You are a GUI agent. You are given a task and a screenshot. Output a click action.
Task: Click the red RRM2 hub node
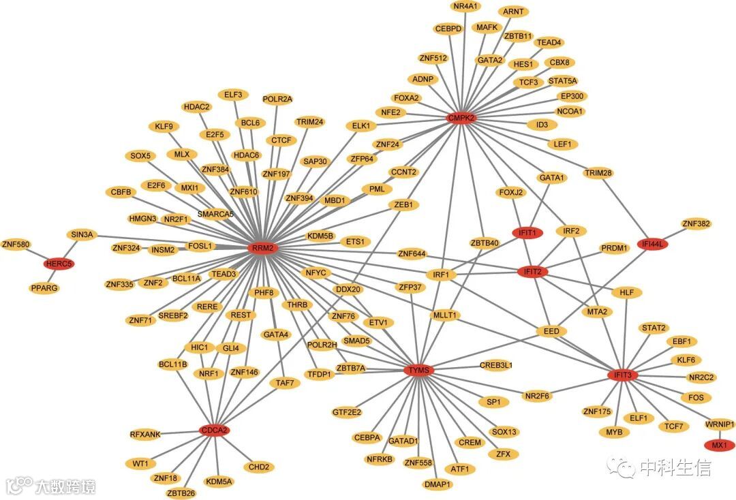(262, 248)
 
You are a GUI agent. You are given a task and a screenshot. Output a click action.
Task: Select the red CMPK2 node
(461, 118)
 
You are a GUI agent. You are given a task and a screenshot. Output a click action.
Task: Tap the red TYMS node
(417, 371)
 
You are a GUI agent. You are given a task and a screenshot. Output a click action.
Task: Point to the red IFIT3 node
(623, 375)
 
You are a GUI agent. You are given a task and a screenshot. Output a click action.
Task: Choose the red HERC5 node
(59, 264)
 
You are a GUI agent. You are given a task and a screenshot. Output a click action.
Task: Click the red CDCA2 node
(214, 431)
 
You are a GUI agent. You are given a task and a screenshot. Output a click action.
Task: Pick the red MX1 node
(720, 445)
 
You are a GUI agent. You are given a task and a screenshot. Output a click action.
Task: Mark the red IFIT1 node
(527, 232)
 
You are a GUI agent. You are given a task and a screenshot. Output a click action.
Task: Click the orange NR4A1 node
(466, 6)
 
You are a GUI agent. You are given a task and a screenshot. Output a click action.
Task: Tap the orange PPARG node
(44, 288)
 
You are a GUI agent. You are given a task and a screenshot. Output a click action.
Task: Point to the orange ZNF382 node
(696, 223)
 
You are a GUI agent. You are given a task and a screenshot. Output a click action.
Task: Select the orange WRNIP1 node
(720, 424)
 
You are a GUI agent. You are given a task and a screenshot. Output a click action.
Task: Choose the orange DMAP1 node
(438, 484)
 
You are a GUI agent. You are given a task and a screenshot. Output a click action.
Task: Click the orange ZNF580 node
(16, 244)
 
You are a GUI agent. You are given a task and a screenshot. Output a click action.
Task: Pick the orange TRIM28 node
(598, 173)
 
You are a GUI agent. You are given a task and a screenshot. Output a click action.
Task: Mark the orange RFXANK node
(145, 434)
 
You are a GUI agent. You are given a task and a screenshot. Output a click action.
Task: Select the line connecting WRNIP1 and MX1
(720, 435)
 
